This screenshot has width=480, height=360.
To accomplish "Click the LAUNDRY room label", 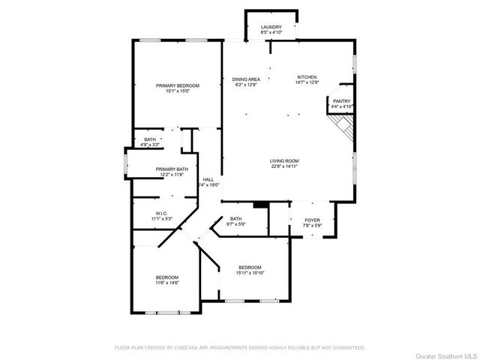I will click(271, 26).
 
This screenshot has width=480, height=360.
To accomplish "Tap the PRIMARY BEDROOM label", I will click(178, 85).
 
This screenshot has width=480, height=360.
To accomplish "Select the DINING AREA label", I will click(246, 79).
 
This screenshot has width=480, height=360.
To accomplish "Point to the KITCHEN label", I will click(307, 77).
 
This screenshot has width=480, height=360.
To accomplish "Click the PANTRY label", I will click(341, 101).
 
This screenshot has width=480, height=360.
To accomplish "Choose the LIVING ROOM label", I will click(285, 160).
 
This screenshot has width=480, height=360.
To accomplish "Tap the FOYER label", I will click(312, 220).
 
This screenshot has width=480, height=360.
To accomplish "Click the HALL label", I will click(208, 179).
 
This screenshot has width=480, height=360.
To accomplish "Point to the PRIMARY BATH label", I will click(171, 169).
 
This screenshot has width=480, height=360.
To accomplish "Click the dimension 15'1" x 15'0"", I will click(178, 91).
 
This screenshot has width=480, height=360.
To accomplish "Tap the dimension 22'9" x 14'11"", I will click(285, 166).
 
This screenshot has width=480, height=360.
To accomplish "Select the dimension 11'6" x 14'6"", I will click(167, 283).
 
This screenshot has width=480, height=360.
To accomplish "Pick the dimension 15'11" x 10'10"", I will click(250, 274).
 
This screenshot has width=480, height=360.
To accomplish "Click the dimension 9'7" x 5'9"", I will click(236, 224).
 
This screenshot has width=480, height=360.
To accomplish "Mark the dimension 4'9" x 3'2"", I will click(150, 145).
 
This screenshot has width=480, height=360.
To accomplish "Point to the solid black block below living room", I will click(261, 205).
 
